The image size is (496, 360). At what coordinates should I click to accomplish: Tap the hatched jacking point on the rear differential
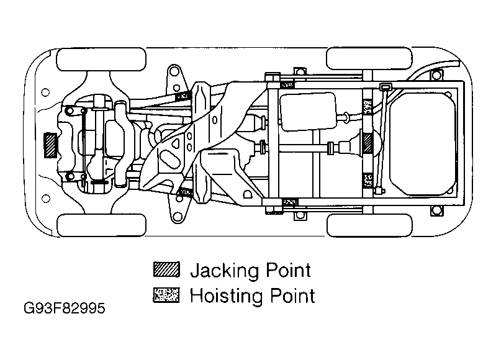[x=368, y=144]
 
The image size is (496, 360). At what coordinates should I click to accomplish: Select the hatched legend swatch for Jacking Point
[x=166, y=270]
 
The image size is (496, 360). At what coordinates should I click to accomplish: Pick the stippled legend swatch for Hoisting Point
[x=166, y=295]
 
